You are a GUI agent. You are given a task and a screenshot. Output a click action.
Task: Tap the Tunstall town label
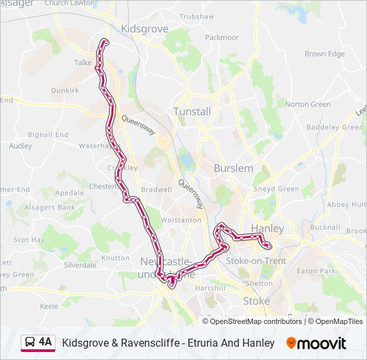click(x=192, y=111)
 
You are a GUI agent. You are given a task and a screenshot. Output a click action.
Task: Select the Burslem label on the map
click(x=234, y=169)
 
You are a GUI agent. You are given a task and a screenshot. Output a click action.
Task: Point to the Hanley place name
click(x=267, y=229)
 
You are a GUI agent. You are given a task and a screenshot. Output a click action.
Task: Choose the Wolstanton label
click(x=179, y=219)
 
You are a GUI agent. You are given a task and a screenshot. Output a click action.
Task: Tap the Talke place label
click(x=83, y=62)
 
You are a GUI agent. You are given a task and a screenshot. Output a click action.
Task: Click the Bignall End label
click(x=48, y=135)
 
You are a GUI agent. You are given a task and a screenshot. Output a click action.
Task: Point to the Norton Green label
click(x=308, y=104)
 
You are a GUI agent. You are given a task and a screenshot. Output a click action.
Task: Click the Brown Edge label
click(x=325, y=54)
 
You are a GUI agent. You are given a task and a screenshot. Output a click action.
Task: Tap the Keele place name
click(x=49, y=306)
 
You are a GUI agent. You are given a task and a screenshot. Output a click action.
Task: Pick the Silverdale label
click(x=80, y=265)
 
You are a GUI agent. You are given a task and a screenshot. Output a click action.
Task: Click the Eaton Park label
click(x=316, y=271)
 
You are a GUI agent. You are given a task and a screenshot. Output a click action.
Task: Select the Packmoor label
click(x=222, y=37)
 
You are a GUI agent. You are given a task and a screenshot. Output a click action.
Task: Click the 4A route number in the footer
click(x=45, y=342)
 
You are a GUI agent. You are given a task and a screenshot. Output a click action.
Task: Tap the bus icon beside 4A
click(x=30, y=343)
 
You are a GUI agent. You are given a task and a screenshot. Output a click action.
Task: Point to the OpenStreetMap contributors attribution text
click(x=256, y=321)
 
